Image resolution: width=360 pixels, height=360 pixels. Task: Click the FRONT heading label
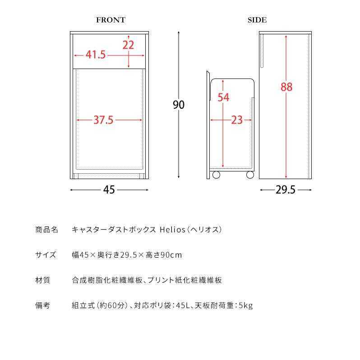coord(111,20)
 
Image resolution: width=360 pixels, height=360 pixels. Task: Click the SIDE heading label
coord(257,20)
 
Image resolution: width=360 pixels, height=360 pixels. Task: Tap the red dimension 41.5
coord(96,55)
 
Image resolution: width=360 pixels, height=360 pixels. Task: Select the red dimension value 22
coord(129,45)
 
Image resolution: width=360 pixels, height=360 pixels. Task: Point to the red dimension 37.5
coord(103,120)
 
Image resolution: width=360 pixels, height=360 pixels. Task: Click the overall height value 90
coord(179,105)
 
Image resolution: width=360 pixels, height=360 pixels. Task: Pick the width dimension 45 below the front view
coord(109,190)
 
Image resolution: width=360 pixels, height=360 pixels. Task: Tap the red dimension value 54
coord(224,97)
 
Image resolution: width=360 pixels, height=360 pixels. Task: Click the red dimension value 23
coord(237,120)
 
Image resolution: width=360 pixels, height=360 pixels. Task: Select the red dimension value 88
coord(286,88)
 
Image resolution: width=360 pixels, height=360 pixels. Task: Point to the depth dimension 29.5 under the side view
coord(285,190)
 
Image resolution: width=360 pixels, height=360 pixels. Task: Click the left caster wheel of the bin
coord(216,175)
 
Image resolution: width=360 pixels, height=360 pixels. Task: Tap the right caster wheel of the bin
coord(249,175)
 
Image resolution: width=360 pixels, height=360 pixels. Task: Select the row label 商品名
coord(46,230)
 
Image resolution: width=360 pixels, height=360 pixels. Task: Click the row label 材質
coord(42,280)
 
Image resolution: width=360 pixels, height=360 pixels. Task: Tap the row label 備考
coord(42,305)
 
